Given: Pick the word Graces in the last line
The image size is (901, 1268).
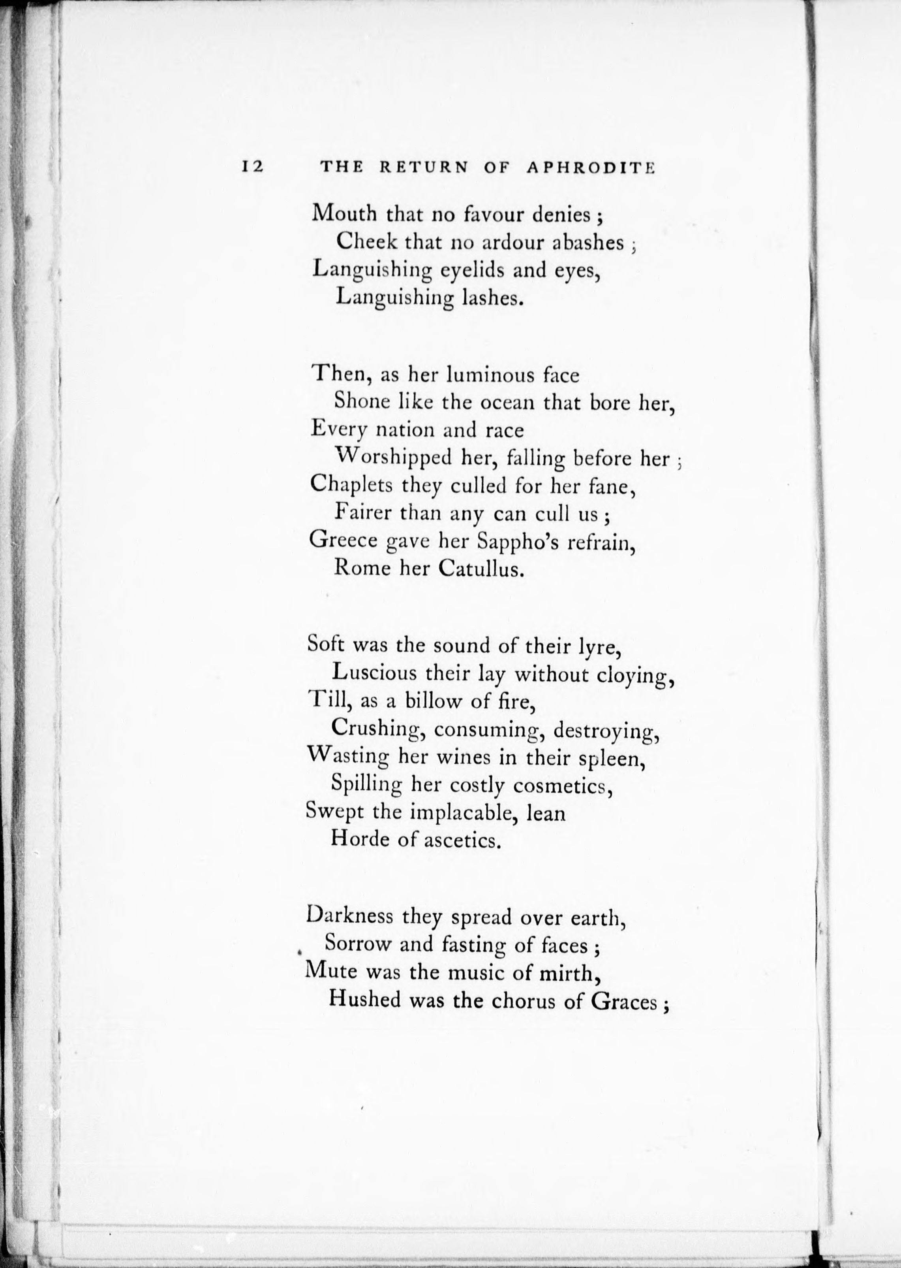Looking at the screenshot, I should pos(625,1000).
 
